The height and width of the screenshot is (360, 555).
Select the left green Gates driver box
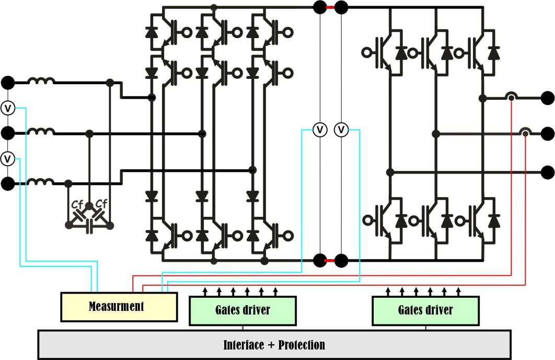[242, 310]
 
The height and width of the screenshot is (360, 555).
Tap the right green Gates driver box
[425, 310]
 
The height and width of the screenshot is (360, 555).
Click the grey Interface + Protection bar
[274, 345]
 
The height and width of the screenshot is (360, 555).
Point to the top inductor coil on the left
[41, 82]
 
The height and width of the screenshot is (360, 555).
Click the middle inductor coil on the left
[41, 133]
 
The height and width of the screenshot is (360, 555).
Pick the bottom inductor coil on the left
[41, 182]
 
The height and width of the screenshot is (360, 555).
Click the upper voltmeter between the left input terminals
[8, 108]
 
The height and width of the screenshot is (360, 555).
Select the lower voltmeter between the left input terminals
[8, 158]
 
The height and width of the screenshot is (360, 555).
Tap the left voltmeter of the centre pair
[319, 129]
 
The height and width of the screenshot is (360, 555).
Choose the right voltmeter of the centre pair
[342, 129]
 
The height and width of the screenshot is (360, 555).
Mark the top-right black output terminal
[547, 97]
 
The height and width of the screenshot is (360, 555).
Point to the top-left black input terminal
[8, 83]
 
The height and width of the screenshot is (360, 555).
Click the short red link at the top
[330, 7]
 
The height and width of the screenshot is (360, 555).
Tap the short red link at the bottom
[330, 260]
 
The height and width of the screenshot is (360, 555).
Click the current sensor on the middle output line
[525, 133]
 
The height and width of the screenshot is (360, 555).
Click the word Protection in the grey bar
[302, 345]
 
